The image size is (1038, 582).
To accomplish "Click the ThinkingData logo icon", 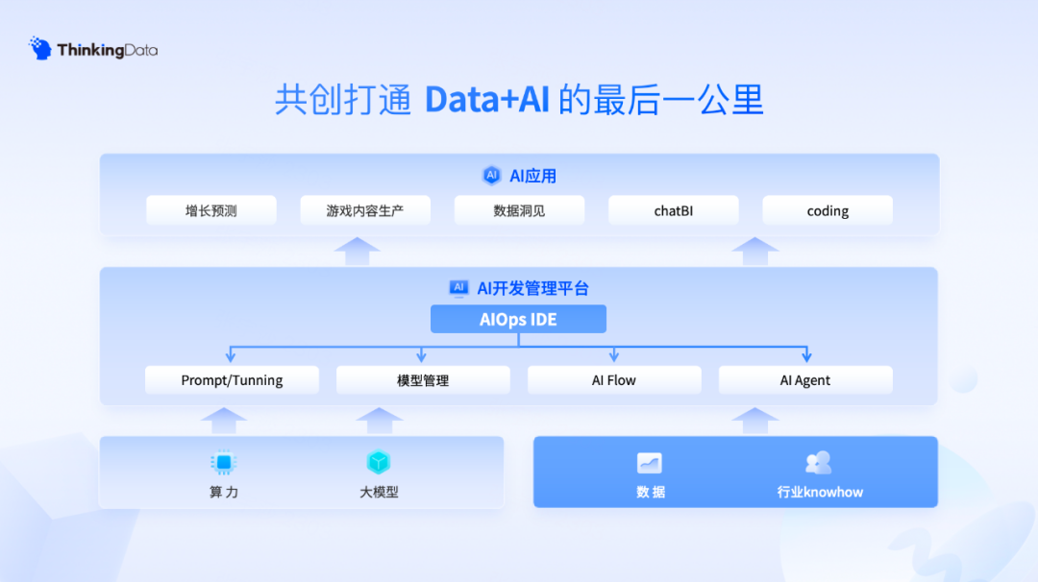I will (x=40, y=49).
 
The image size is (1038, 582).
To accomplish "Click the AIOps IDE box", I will (x=518, y=319).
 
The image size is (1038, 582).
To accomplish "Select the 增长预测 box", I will (x=211, y=210).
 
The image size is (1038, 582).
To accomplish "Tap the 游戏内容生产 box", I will (x=365, y=210).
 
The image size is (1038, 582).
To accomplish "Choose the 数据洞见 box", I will (x=519, y=210).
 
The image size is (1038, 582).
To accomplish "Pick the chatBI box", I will (x=673, y=210).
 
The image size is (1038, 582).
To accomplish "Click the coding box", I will (x=828, y=210).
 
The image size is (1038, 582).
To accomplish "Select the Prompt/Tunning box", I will (x=232, y=379).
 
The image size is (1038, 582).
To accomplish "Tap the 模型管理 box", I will (x=423, y=379).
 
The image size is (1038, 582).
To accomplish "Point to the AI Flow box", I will (x=614, y=379).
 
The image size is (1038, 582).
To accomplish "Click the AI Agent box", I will (x=805, y=379).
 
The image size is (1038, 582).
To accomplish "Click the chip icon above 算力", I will (x=224, y=462).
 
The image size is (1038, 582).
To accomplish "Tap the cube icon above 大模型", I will (x=379, y=462).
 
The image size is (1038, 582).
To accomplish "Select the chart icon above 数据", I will (x=650, y=463).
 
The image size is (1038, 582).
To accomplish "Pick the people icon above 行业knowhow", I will (x=818, y=463).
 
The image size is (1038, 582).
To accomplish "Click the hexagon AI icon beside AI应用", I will (x=492, y=176).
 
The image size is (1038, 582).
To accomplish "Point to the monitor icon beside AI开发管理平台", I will (x=459, y=287).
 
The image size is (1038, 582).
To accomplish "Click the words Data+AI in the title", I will (x=486, y=100).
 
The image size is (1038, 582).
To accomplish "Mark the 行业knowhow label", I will (x=820, y=492).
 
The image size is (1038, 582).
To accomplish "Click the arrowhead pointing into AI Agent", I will (x=805, y=357).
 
